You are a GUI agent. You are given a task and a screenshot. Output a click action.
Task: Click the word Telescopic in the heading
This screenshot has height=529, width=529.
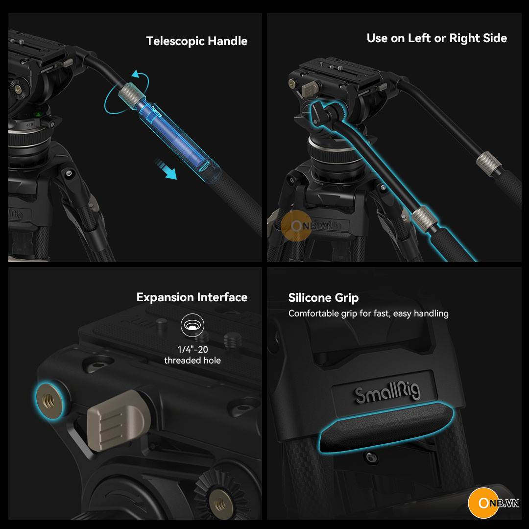pos(175,41)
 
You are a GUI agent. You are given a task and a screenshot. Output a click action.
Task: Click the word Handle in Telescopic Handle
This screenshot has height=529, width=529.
pos(227,41)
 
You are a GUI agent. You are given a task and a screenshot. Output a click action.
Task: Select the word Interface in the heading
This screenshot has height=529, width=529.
pos(222,297)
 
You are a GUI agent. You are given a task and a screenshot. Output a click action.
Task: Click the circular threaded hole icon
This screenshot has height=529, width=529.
pos(192,325)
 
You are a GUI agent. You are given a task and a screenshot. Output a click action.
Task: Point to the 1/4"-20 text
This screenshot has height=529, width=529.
pos(192,350)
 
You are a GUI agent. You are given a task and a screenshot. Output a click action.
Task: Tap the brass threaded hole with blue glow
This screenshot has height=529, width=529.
pos(49,401)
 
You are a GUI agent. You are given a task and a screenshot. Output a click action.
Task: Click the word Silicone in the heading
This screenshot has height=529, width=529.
pos(310,298)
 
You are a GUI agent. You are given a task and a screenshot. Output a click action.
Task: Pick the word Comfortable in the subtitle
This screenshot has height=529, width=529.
pos(313,313)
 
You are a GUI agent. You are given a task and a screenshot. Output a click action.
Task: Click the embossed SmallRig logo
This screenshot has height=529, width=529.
pos(387,392)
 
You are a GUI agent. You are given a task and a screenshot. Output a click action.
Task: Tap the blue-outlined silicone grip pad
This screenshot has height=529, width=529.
pos(386,427)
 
